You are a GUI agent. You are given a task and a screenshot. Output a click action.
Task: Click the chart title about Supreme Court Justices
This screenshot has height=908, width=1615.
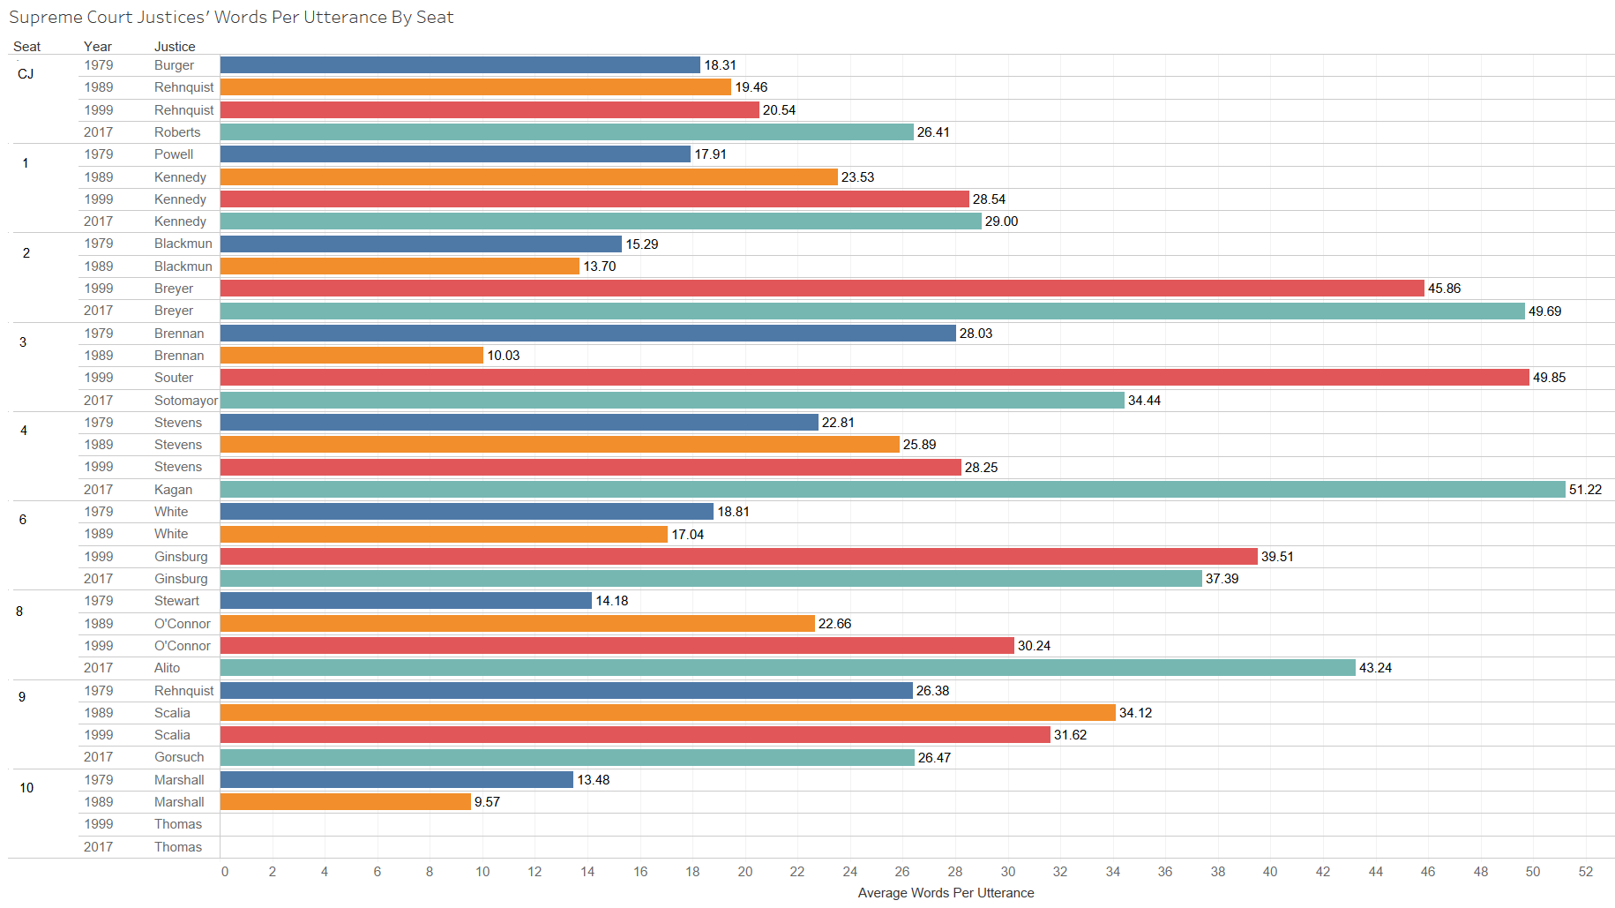click(231, 17)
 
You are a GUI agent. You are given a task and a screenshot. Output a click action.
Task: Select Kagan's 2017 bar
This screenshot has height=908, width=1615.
click(892, 489)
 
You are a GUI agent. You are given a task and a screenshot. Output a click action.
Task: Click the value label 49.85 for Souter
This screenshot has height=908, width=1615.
click(1549, 378)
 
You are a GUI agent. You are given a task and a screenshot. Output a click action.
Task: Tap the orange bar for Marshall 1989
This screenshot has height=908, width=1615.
click(345, 801)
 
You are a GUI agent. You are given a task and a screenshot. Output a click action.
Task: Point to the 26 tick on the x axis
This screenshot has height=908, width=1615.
click(902, 871)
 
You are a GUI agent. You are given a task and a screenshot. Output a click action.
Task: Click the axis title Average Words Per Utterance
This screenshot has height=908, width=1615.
click(946, 892)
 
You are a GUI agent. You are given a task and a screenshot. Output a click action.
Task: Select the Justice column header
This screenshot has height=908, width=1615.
click(175, 47)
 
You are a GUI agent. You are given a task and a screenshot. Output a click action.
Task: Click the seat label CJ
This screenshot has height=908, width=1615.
click(26, 74)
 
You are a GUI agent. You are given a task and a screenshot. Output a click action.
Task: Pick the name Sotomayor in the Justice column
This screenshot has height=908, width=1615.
click(185, 400)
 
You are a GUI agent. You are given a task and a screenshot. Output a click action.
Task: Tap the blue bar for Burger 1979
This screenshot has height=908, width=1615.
click(460, 65)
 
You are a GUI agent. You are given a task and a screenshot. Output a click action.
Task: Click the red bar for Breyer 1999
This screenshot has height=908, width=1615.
click(821, 289)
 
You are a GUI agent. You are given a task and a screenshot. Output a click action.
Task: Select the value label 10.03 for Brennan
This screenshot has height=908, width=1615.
click(503, 356)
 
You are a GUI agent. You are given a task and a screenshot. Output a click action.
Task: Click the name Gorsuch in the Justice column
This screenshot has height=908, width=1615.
click(179, 757)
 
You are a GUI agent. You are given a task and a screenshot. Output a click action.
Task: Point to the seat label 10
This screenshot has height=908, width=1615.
click(26, 788)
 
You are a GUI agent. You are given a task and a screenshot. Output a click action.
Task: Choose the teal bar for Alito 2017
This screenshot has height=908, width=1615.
click(787, 668)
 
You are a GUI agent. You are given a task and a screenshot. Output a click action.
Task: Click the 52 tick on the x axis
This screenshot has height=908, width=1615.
click(1586, 871)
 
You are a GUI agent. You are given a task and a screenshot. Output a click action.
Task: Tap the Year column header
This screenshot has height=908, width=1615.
click(98, 47)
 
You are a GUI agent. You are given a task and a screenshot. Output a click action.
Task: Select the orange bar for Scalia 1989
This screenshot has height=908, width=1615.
click(667, 712)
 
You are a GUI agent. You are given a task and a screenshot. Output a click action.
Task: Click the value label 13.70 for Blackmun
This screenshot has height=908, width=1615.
click(599, 266)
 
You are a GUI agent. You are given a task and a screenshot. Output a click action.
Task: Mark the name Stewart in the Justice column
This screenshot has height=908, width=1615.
click(176, 601)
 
